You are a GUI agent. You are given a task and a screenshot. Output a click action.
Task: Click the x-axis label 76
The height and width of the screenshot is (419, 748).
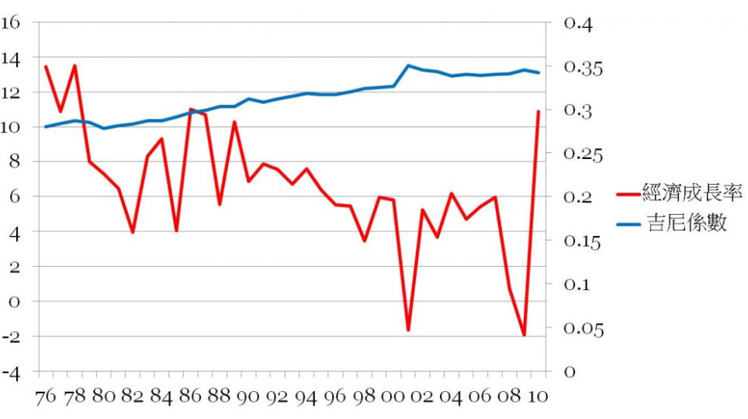(46, 396)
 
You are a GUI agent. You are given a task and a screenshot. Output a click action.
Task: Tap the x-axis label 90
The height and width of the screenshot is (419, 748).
(249, 396)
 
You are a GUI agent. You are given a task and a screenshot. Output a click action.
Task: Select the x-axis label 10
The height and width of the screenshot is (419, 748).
(538, 396)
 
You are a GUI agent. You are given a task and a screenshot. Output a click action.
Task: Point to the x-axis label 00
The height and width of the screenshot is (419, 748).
(393, 396)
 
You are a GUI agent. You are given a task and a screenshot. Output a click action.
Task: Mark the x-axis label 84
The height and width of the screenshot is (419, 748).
(162, 396)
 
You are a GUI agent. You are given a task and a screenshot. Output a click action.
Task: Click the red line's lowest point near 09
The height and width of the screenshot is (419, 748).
(525, 335)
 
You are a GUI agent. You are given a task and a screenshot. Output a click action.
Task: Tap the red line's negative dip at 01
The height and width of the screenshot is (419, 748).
(408, 330)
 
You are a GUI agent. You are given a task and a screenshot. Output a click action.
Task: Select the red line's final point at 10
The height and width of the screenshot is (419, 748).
(538, 111)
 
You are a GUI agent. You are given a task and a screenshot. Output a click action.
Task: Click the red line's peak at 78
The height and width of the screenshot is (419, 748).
(74, 65)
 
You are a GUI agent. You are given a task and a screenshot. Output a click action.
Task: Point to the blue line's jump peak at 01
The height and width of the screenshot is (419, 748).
(408, 66)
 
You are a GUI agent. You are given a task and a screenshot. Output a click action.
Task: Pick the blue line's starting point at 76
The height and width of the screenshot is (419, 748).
(46, 126)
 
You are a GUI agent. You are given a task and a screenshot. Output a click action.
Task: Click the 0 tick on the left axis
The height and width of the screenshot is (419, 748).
(14, 302)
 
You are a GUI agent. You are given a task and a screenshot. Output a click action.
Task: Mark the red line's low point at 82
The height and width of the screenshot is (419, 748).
(133, 232)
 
